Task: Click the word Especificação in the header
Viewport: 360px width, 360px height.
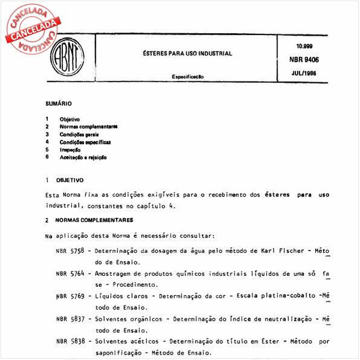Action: pos(186,77)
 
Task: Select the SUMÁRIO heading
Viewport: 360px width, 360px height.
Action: pos(59,104)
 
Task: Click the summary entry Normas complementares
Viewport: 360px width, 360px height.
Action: pos(88,126)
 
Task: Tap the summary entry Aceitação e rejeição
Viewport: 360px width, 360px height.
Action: pos(83,157)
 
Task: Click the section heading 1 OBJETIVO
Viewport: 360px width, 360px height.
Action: pos(65,180)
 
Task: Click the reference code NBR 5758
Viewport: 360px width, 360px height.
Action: pos(69,250)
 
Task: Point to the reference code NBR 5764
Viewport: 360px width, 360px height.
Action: pos(69,273)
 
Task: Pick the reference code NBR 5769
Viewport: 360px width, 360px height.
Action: pos(69,296)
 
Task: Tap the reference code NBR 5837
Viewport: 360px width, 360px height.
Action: pos(69,319)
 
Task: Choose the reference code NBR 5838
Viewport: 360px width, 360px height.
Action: pos(69,341)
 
